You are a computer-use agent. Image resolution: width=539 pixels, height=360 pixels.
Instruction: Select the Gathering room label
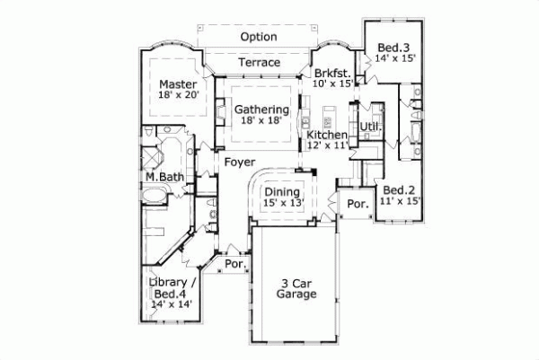pos(261,110)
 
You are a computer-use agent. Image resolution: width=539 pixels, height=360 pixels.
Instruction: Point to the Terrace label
pos(259,63)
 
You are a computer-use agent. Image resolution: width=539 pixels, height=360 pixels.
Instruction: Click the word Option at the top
pos(259,37)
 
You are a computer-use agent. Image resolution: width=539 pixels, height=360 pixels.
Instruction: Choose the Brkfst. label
pos(331,73)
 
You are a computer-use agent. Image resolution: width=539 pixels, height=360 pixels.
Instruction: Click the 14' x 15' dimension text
pos(395,58)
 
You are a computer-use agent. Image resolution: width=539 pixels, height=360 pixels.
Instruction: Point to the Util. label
pos(370,127)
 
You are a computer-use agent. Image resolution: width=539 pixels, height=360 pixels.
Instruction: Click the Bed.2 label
pos(398,190)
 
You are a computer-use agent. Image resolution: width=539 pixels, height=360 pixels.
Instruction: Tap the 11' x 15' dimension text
pos(398,203)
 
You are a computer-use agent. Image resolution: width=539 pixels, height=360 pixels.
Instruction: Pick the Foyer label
pos(237,162)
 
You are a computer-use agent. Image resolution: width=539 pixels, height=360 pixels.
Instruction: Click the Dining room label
pos(281,191)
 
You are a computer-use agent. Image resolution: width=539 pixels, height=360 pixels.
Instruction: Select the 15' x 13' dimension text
pos(281,204)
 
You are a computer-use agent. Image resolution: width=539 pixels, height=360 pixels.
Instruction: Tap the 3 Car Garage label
pos(295,287)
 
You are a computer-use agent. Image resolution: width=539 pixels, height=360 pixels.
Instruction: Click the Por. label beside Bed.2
pos(358,204)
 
